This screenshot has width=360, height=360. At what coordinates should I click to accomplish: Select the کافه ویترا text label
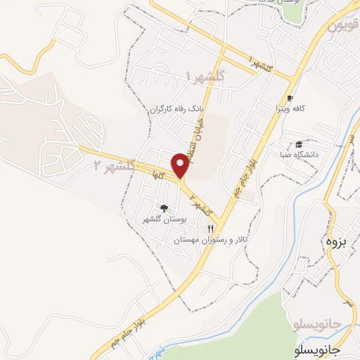pos(288,109)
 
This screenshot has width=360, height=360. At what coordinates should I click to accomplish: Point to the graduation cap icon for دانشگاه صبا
pos(299,143)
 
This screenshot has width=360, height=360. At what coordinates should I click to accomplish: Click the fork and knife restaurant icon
pos(210,229)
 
